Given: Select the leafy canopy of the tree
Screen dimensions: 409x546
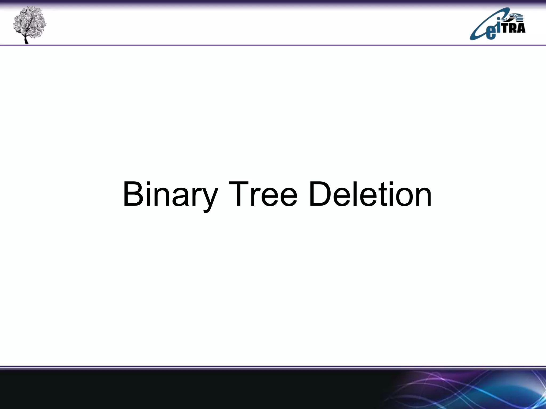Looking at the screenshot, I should [x=29, y=20].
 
